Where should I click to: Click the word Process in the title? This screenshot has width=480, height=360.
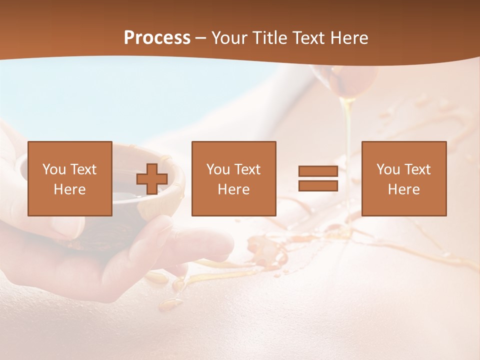pos(157,38)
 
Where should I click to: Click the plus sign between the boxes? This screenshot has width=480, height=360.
pos(152,179)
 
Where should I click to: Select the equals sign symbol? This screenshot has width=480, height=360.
pos(318,178)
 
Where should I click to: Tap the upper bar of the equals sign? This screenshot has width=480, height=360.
pos(318,171)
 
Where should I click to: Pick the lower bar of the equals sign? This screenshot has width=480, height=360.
pos(318,185)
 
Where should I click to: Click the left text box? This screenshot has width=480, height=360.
pos(70,178)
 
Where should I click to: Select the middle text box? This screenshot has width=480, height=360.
pos(233,178)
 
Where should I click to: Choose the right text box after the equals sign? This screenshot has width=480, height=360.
pos(403,178)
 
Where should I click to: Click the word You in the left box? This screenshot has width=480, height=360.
pos(54,169)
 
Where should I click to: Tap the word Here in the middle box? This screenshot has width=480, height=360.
pos(233,189)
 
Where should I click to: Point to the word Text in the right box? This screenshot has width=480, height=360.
pos(417,169)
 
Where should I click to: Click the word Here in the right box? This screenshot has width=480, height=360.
pos(403,189)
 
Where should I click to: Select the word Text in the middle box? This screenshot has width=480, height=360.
pos(247,169)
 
